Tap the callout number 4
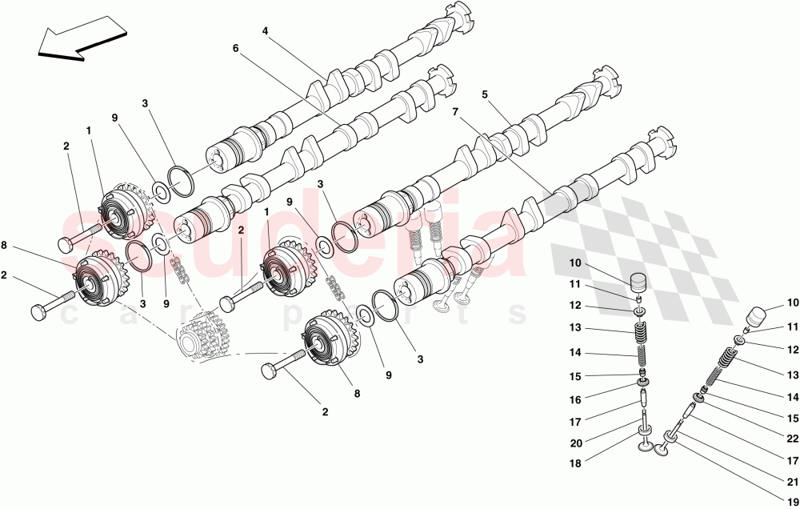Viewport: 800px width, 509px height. coord(265,31)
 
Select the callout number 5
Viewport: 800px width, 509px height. coord(484,94)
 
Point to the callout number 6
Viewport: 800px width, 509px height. coord(236,48)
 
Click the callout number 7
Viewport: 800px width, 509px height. coord(455,112)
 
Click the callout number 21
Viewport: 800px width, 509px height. coord(792,482)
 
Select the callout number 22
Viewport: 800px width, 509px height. coord(792,439)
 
